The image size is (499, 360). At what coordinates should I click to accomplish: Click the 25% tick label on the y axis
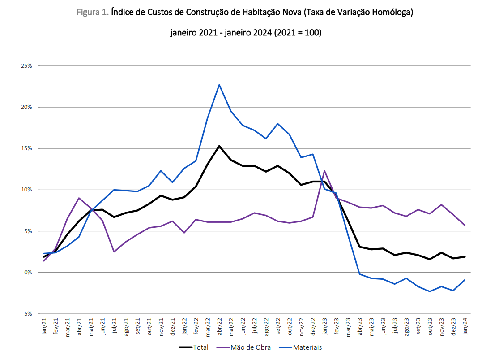pyautogui.click(x=26, y=66)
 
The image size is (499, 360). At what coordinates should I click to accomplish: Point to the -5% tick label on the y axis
pyautogui.click(x=26, y=314)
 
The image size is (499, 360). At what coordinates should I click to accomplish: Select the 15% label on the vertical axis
pyautogui.click(x=26, y=148)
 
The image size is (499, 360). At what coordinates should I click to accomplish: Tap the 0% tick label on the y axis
pyautogui.click(x=28, y=273)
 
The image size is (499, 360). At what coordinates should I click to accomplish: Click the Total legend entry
pyautogui.click(x=193, y=347)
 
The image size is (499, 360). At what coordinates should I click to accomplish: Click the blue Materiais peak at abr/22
pyautogui.click(x=219, y=85)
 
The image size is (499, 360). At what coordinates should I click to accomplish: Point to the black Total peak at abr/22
pyautogui.click(x=219, y=146)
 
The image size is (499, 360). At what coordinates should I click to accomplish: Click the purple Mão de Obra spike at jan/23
pyautogui.click(x=324, y=171)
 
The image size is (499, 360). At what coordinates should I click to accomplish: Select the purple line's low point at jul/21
pyautogui.click(x=114, y=252)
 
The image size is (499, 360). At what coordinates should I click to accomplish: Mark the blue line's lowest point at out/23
pyautogui.click(x=430, y=291)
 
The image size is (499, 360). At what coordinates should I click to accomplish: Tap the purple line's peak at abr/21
pyautogui.click(x=79, y=198)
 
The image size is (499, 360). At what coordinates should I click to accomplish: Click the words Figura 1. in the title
pyautogui.click(x=93, y=13)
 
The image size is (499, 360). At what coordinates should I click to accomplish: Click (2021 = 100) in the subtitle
pyautogui.click(x=298, y=33)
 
